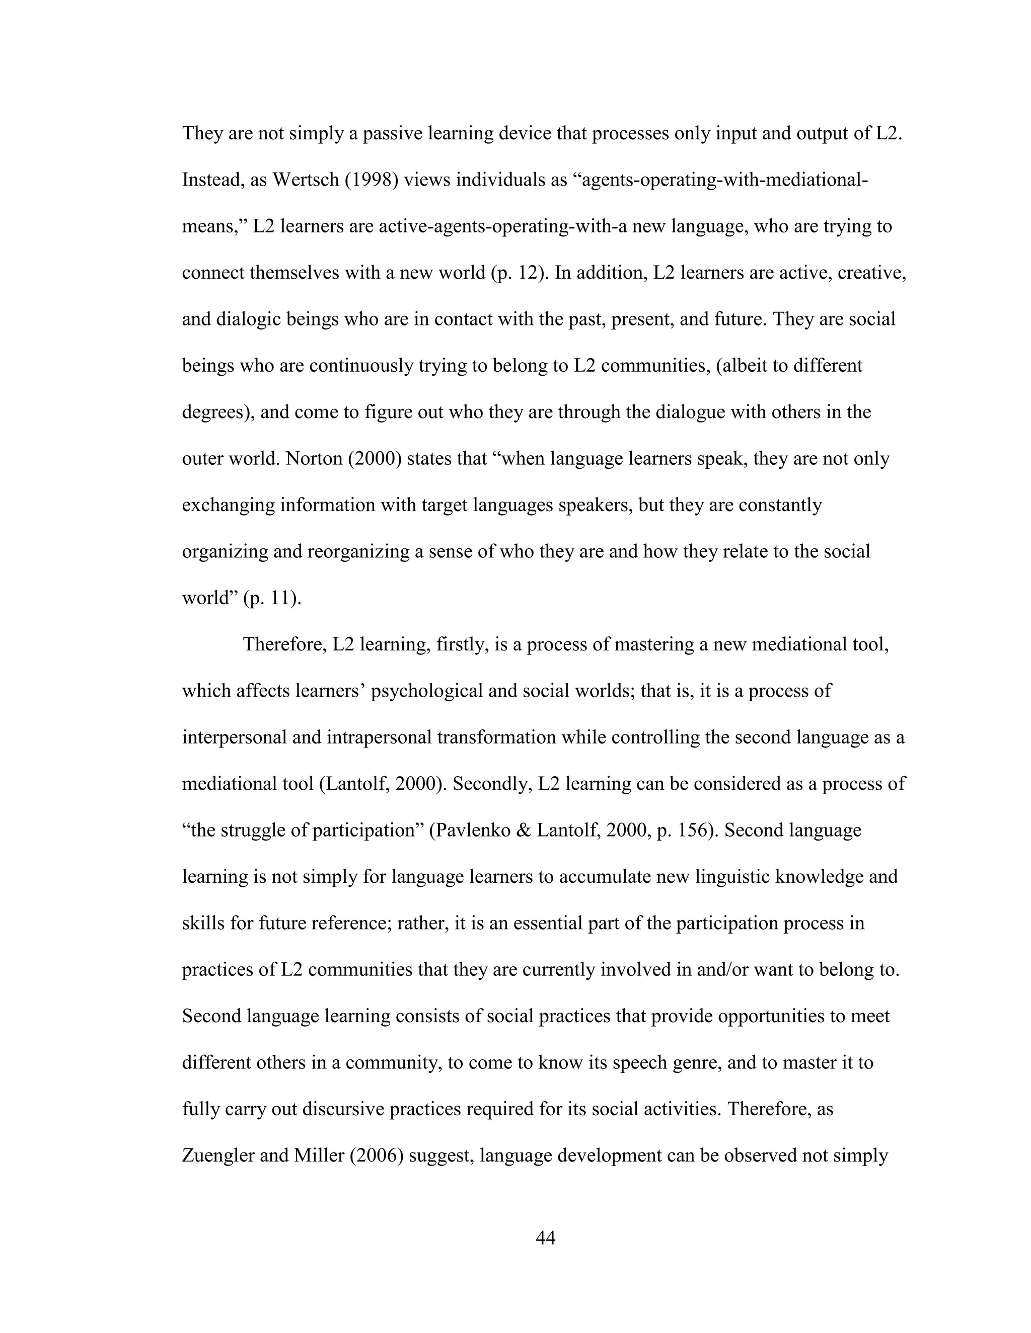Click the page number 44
tap(545, 1238)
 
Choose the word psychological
tap(436, 692)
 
